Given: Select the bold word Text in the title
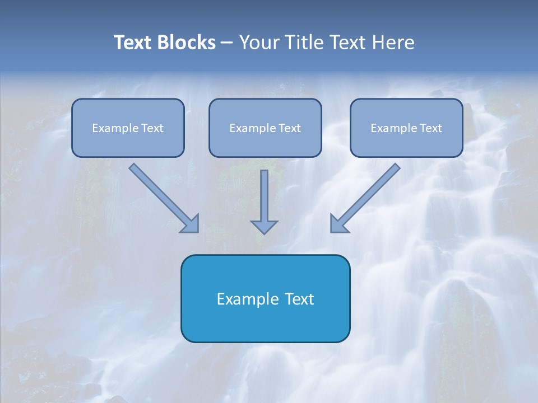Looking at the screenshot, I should click(133, 43).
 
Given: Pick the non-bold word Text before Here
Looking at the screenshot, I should click(347, 43).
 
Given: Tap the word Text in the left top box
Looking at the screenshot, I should click(152, 128).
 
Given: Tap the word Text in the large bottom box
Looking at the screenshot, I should click(298, 299).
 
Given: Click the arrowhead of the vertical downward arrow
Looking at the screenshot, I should click(264, 227).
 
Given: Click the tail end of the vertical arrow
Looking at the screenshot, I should click(264, 172).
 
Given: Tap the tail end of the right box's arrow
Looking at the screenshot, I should click(396, 166).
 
